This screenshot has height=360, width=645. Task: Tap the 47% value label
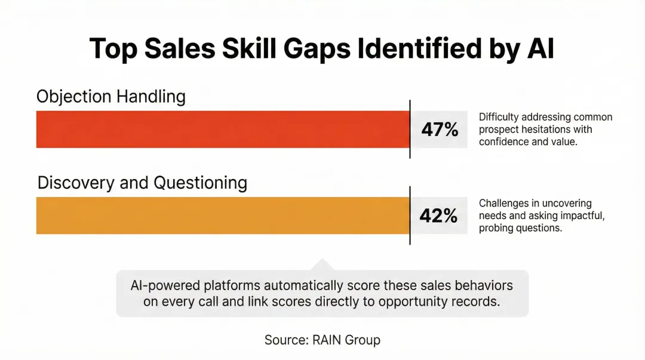pos(440,130)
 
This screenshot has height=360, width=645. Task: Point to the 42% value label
pos(438,216)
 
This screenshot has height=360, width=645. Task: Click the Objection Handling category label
pos(111,97)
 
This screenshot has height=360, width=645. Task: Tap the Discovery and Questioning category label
pos(142,183)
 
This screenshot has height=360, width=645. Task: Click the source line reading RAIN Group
pos(322,340)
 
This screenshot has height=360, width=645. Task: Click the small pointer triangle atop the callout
pos(322,264)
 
